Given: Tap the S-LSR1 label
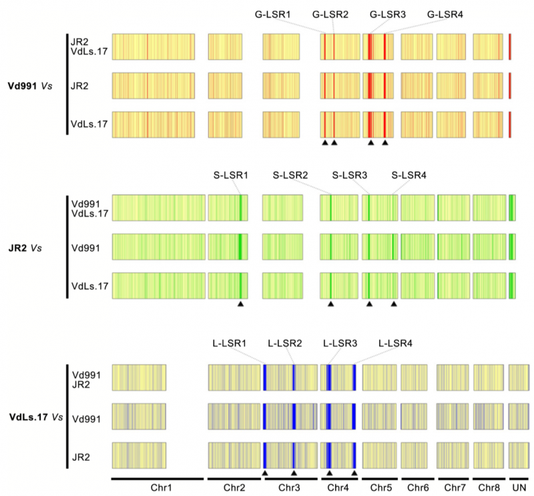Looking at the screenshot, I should click(230, 175).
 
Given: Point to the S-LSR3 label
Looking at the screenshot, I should click(350, 175).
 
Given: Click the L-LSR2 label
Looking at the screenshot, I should click(284, 343).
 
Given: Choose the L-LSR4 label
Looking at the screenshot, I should click(395, 343).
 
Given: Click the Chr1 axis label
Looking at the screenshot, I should click(157, 488).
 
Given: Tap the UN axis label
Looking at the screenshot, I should click(518, 488).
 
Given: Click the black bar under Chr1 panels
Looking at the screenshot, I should click(157, 478).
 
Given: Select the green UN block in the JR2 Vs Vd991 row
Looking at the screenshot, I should click(512, 246).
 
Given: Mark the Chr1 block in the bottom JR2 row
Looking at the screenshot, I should click(139, 456).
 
